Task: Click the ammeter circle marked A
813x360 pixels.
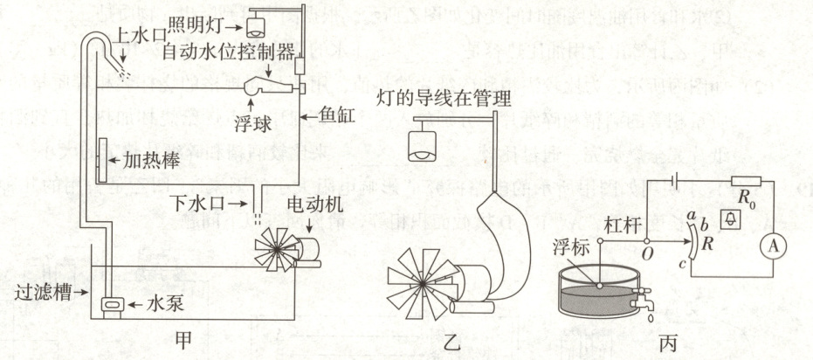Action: (771, 246)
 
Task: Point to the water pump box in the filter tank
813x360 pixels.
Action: (111, 304)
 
